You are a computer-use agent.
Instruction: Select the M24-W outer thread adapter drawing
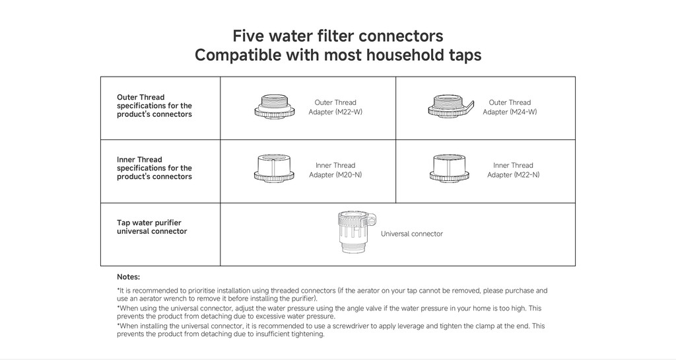pyautogui.click(x=450, y=106)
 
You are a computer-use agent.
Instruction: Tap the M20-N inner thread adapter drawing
pyautogui.click(x=274, y=168)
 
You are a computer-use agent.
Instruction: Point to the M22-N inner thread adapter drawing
pyautogui.click(x=449, y=168)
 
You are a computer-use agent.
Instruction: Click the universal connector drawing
pyautogui.click(x=355, y=232)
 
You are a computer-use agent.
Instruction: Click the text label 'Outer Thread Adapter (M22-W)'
pyautogui.click(x=335, y=107)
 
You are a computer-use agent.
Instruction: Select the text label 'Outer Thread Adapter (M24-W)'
pyautogui.click(x=510, y=107)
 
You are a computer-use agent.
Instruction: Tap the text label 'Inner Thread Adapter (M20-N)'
pyautogui.click(x=335, y=170)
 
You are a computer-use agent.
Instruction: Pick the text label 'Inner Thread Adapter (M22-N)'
pyautogui.click(x=513, y=170)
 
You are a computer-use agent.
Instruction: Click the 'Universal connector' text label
pyautogui.click(x=412, y=234)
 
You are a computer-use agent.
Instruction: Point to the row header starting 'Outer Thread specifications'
pyautogui.click(x=154, y=106)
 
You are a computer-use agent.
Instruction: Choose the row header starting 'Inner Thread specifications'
pyautogui.click(x=154, y=168)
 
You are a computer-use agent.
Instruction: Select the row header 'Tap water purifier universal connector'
pyautogui.click(x=152, y=227)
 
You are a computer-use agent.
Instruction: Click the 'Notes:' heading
pyautogui.click(x=129, y=277)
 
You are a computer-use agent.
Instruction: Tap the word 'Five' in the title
pyautogui.click(x=248, y=36)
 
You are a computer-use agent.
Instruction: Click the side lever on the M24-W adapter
pyautogui.click(x=469, y=106)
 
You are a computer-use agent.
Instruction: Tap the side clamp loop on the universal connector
pyautogui.click(x=372, y=219)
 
